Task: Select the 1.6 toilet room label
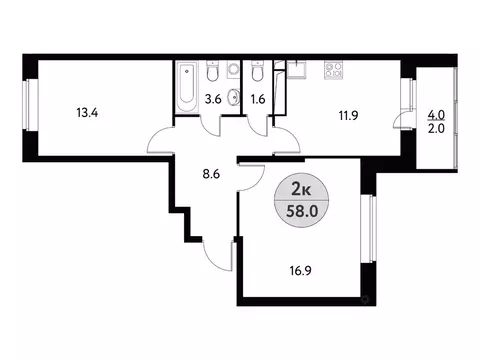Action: point(257,98)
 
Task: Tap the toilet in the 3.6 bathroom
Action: point(212,74)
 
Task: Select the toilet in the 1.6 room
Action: point(257,74)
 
